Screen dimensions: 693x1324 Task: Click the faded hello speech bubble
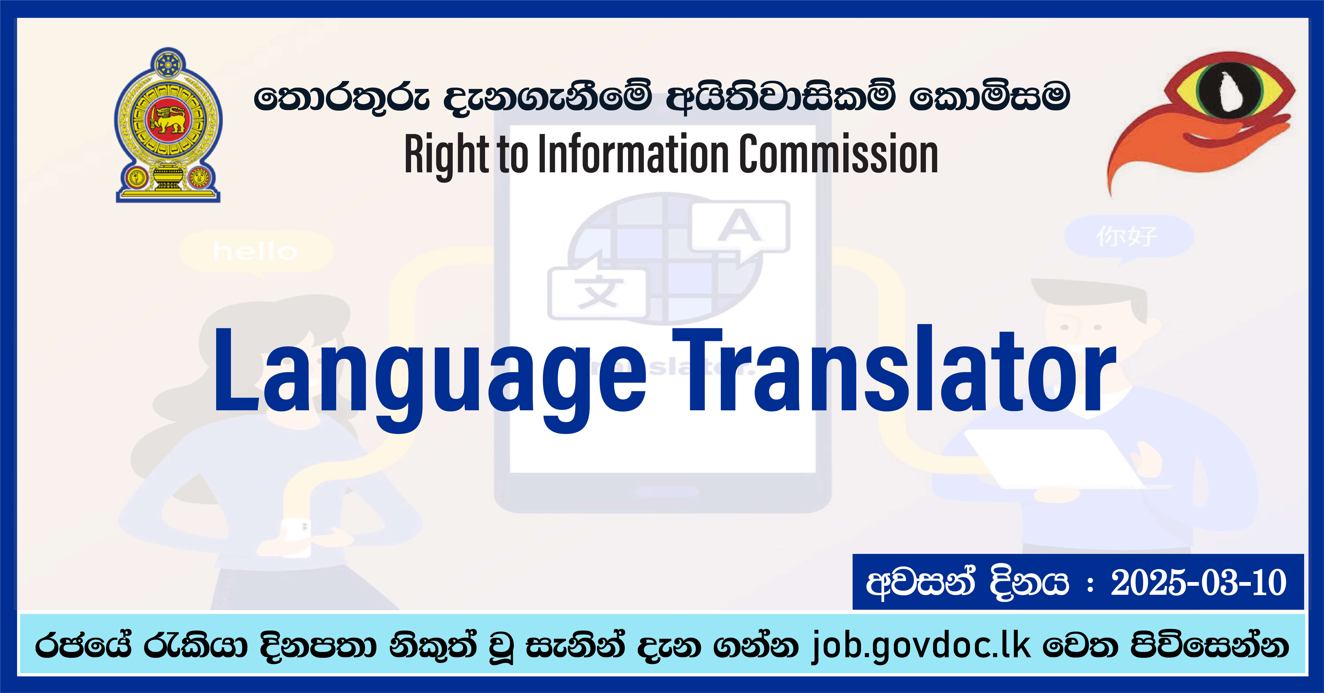(x=256, y=252)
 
